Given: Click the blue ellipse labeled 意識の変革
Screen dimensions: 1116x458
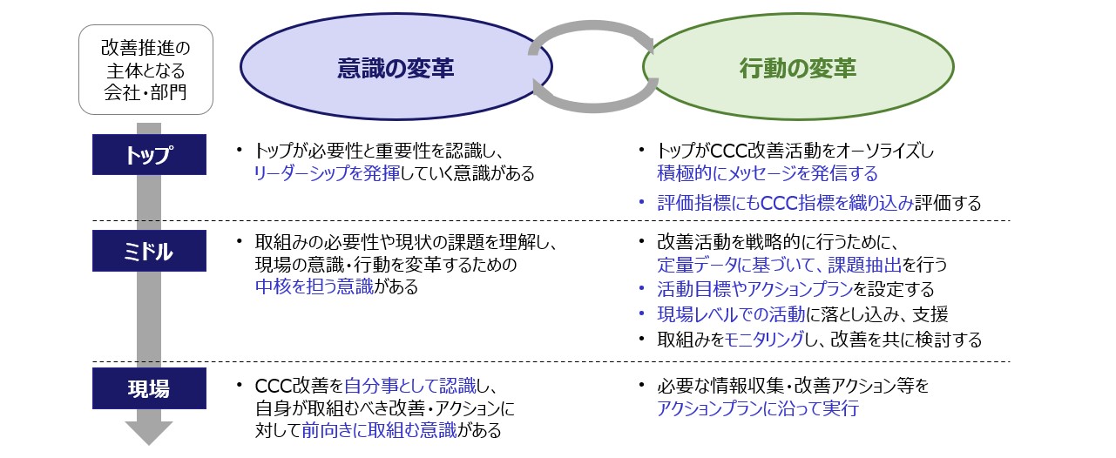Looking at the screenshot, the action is pyautogui.click(x=396, y=67).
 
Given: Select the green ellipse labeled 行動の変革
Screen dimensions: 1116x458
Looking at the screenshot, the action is pyautogui.click(x=798, y=67).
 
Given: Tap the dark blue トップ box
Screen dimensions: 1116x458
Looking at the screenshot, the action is pyautogui.click(x=149, y=154).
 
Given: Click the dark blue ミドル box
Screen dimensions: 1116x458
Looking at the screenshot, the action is pyautogui.click(x=149, y=251).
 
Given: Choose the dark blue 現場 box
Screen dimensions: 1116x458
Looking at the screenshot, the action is pyautogui.click(x=149, y=388).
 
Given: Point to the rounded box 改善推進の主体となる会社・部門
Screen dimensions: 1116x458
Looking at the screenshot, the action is pyautogui.click(x=146, y=70).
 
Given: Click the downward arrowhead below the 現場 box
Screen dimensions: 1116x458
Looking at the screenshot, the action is pyautogui.click(x=148, y=433).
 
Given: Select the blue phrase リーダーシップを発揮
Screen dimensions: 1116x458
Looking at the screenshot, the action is pyautogui.click(x=327, y=173).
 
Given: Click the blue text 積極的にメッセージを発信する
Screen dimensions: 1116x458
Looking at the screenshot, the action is pyautogui.click(x=768, y=173).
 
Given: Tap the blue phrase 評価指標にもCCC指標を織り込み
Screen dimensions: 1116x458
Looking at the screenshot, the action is pyautogui.click(x=785, y=203).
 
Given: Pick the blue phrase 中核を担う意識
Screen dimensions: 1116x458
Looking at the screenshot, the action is pyautogui.click(x=314, y=286).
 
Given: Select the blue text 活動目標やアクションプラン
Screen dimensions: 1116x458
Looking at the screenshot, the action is pyautogui.click(x=754, y=289).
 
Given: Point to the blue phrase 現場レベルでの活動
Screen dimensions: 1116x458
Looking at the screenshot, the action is pyautogui.click(x=731, y=314).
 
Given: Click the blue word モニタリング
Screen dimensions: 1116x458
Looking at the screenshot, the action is pyautogui.click(x=764, y=340).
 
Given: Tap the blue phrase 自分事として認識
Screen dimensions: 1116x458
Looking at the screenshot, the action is pyautogui.click(x=410, y=386).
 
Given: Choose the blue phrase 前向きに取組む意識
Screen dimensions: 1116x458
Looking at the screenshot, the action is pyautogui.click(x=379, y=430).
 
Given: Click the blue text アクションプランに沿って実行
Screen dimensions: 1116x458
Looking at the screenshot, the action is pyautogui.click(x=758, y=408).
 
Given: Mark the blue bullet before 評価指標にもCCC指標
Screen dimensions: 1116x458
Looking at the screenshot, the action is pyautogui.click(x=642, y=203).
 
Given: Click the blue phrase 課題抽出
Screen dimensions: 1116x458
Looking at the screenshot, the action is pyautogui.click(x=865, y=265).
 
